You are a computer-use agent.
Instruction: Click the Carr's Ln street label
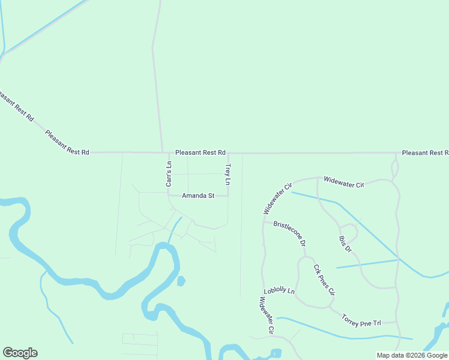(x=169, y=173)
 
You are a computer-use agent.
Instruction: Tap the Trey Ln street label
(x=228, y=173)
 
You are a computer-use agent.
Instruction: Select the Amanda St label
(x=198, y=196)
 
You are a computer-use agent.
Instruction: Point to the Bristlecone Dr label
(x=290, y=234)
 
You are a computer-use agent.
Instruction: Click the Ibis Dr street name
(x=345, y=241)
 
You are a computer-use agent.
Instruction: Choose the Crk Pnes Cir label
(x=324, y=280)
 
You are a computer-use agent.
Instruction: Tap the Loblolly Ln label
(x=280, y=291)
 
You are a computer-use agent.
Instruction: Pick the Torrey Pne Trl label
(x=361, y=320)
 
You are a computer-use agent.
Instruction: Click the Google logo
(x=20, y=353)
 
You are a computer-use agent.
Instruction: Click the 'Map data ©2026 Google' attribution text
(x=412, y=355)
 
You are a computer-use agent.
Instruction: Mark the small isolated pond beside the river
(x=181, y=280)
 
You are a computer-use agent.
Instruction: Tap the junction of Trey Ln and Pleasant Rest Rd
(x=228, y=153)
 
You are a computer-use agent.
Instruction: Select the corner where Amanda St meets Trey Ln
(x=228, y=196)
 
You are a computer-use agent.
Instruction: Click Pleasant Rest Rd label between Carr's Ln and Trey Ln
(x=200, y=153)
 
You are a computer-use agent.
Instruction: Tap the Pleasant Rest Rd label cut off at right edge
(x=425, y=153)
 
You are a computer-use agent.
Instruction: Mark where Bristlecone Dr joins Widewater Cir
(x=263, y=221)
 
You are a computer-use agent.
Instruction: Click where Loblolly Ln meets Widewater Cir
(x=263, y=293)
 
